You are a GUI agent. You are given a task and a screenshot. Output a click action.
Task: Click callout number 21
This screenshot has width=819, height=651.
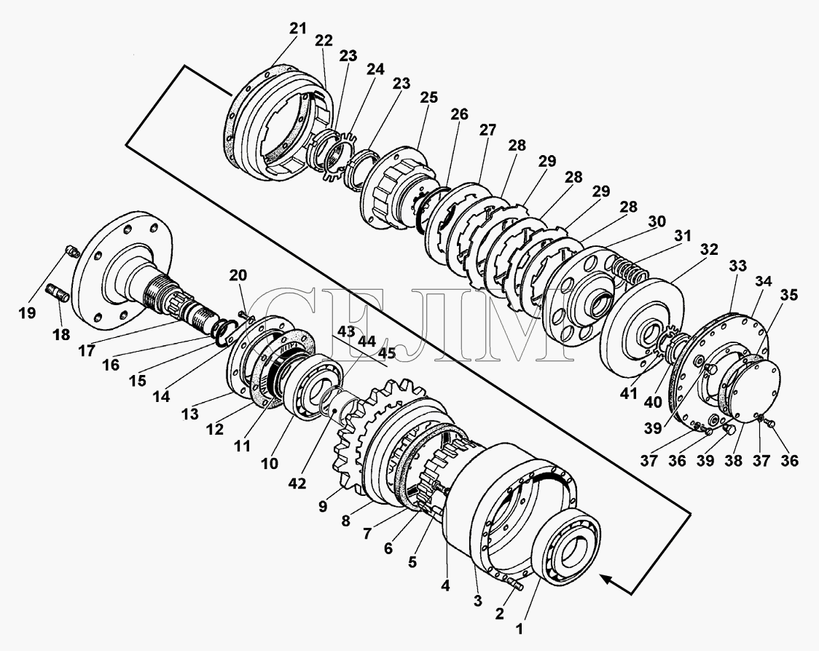point(298,28)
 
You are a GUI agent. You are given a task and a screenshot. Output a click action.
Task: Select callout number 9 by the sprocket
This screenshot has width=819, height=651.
point(322,506)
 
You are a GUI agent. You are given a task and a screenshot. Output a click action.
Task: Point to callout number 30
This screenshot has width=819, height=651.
point(657,221)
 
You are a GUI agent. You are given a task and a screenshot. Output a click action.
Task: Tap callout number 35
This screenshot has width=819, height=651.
point(788,295)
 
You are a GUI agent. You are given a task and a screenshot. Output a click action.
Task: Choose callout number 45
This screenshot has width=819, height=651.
point(386,353)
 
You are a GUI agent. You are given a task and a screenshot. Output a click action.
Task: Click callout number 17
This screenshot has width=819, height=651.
point(87,350)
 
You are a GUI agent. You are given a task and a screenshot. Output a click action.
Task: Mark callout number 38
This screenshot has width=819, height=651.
point(733,460)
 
